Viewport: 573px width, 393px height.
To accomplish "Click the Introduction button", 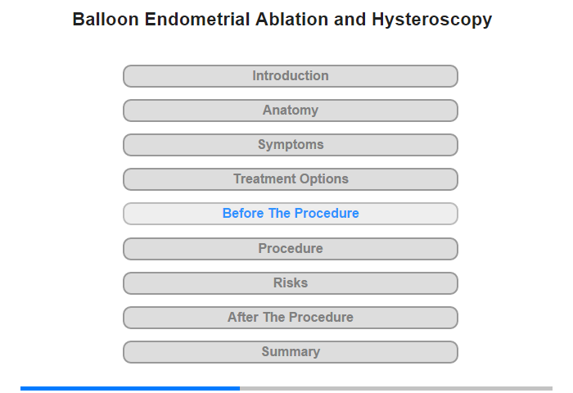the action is coord(290,76).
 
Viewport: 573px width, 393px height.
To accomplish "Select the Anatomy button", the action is coord(290,111).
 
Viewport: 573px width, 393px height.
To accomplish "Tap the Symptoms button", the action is coord(290,145).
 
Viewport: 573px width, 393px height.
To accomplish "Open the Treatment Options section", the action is coord(290,179).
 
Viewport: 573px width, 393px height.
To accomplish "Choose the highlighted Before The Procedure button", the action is coord(290,214).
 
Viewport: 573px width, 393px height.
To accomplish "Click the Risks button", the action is coord(290,283).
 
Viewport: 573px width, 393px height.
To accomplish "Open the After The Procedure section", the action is coord(290,318).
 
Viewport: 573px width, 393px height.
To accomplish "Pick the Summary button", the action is coord(290,352).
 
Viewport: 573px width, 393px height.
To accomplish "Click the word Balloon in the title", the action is coord(106,20).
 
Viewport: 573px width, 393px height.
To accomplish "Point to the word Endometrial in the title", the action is coord(197,20).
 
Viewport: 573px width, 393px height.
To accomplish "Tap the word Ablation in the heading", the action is coord(291,20).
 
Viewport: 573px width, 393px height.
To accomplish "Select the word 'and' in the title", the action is coord(350,20).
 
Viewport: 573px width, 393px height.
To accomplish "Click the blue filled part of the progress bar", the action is coord(130,388).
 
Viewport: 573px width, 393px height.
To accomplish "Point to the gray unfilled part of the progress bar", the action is coord(396,388).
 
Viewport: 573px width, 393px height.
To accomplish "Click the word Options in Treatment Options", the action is coord(324,179).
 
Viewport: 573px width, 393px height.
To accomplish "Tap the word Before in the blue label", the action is coord(243,213).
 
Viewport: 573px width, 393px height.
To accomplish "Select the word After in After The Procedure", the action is coord(242,317).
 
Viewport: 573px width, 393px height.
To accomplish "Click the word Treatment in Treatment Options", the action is coord(264,178).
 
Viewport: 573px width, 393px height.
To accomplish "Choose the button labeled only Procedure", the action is coord(290,249).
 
